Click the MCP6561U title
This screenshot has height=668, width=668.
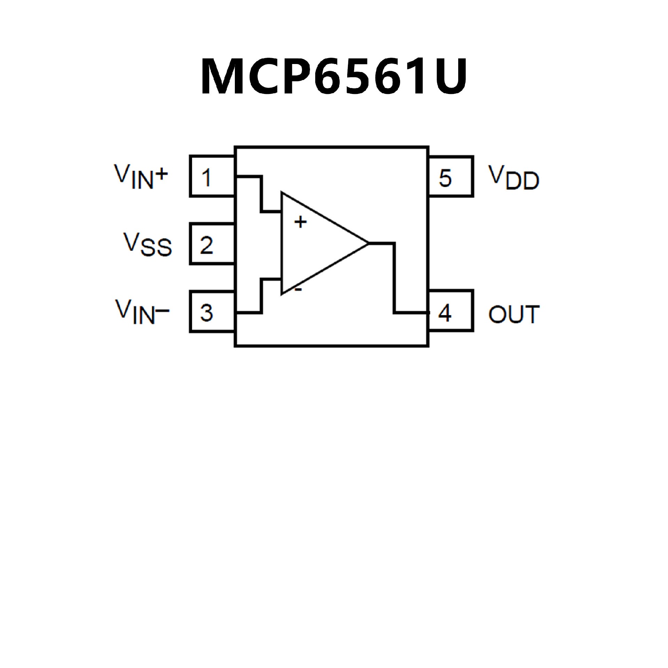333,77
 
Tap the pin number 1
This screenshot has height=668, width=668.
207,177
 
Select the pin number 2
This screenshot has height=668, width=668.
207,245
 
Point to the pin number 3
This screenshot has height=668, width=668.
207,312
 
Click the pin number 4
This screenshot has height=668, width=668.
445,312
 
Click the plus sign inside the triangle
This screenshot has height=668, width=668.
301,222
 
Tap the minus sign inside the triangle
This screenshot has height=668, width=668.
299,289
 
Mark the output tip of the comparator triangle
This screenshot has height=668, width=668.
367,243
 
